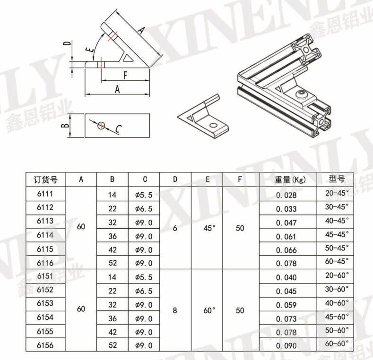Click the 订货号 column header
pos(45,180)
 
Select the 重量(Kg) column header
pos(290,180)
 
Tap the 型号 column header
pos(337,179)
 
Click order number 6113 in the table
pos(45,221)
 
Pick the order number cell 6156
pos(45,345)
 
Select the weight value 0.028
pos(286,195)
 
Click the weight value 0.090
pos(286,346)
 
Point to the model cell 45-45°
pos(337,234)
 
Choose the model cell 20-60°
pos(337,275)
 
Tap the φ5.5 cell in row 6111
pos(144,195)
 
